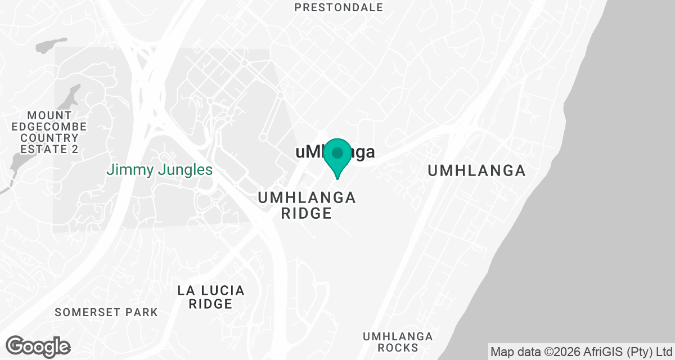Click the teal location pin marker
point(337,157)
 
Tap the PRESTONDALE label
point(339,7)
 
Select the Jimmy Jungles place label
point(160,169)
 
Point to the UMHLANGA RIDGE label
point(307,205)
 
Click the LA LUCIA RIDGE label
point(211,297)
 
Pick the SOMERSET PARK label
point(106,312)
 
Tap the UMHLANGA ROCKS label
point(398,341)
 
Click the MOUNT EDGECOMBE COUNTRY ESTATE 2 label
point(49,132)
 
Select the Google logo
point(38,346)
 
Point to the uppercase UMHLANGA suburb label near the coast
point(476,170)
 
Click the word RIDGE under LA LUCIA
point(211,304)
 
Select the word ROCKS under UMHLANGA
point(398,348)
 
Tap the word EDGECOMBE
point(49,127)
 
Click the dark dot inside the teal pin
point(337,152)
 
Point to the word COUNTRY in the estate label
point(49,138)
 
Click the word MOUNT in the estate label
point(49,115)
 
